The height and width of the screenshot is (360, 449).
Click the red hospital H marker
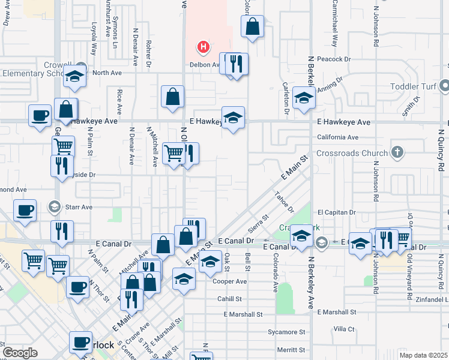204,46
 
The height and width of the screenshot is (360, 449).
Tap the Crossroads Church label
358,153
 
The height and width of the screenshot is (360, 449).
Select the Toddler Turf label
415,86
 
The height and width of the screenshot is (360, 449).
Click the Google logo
20,353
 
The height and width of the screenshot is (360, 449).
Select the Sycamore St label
286,332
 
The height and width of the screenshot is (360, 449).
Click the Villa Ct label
344,329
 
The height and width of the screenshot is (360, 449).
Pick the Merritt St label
291,350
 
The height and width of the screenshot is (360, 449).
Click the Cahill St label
229,298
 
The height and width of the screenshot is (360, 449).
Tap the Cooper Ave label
232,281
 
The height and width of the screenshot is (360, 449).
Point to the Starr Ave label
79,207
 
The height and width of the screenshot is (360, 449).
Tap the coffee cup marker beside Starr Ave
25,211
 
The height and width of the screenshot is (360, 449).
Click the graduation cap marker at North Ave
74,76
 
